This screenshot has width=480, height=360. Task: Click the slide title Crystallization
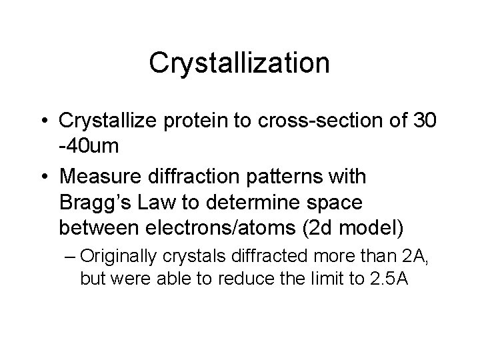point(239,63)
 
